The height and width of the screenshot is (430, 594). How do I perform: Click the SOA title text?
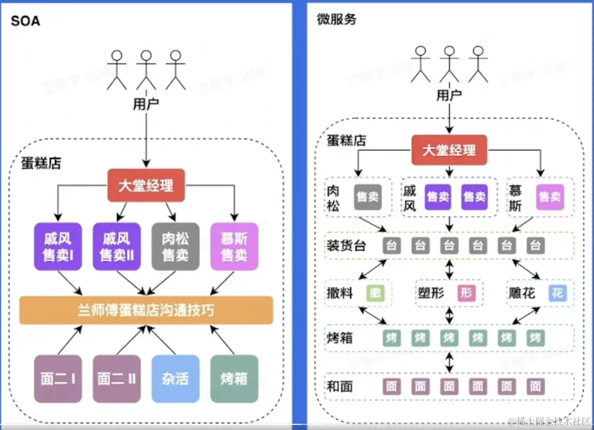(x=25, y=21)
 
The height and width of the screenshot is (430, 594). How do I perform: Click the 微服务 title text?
(x=336, y=20)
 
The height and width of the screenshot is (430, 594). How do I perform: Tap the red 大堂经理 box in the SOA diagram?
(x=146, y=185)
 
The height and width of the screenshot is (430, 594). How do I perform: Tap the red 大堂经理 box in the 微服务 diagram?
(x=449, y=150)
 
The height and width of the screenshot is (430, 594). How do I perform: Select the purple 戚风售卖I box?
(x=58, y=247)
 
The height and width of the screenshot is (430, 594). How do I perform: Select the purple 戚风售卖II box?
(x=117, y=247)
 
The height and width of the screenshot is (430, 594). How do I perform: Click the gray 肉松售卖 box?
(x=175, y=247)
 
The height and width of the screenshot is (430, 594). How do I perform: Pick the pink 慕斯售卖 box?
(x=234, y=247)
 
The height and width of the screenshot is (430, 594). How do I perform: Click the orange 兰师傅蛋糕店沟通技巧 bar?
(x=146, y=310)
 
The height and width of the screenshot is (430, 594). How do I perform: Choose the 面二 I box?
(x=58, y=379)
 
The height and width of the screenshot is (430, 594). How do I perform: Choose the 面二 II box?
(x=117, y=379)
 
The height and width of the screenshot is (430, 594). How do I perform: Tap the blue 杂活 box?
(x=175, y=379)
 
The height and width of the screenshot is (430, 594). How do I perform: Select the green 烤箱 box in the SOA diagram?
(x=234, y=379)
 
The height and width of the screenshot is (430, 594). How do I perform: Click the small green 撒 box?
(x=375, y=293)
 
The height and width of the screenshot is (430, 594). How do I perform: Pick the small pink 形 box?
(x=466, y=293)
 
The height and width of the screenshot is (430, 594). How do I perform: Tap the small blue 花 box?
(x=557, y=293)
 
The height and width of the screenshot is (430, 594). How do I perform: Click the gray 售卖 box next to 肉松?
(x=368, y=197)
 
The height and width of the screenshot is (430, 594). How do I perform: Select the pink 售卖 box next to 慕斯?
(x=549, y=197)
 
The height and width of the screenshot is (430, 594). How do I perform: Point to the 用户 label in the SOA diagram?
(x=146, y=104)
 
